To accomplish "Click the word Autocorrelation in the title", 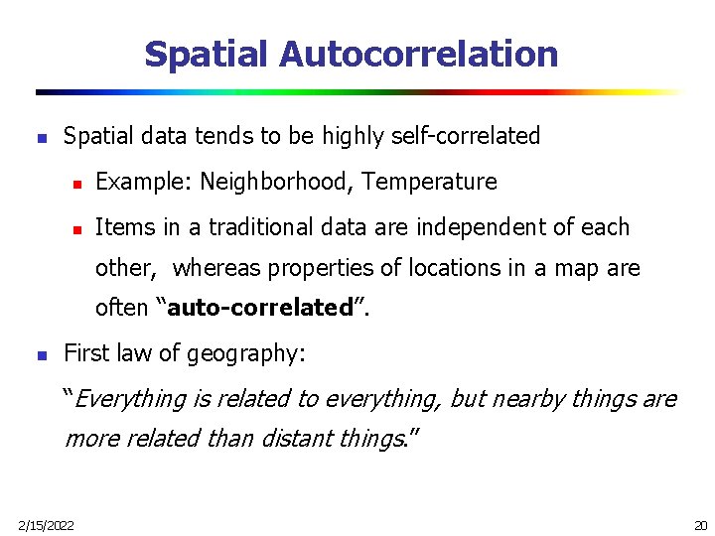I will pos(418,54).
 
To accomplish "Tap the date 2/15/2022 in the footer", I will pos(46,524).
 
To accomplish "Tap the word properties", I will pos(316,268).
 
